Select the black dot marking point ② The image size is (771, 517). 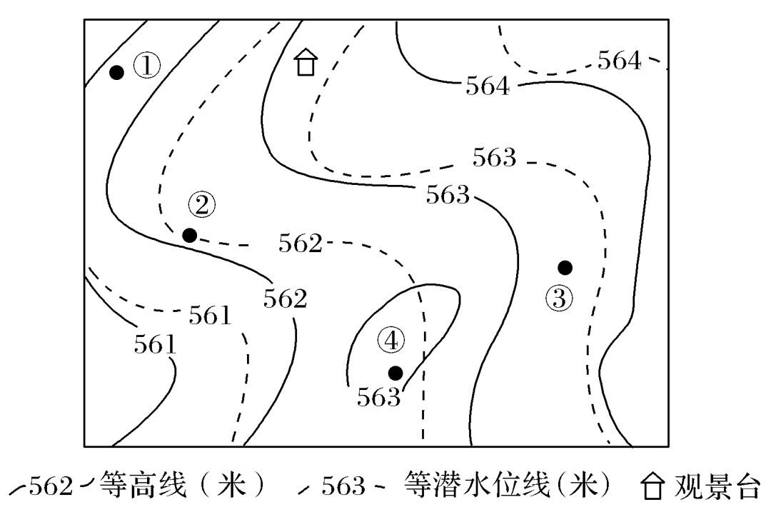click(189, 235)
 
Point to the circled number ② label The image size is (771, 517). click(201, 206)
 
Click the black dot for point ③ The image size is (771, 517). click(565, 267)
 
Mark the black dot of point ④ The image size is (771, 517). click(395, 372)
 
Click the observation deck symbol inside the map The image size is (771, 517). click(306, 63)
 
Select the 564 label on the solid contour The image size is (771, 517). click(488, 87)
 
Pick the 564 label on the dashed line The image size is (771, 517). click(620, 61)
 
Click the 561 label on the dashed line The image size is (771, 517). click(210, 315)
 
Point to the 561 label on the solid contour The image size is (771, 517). click(155, 346)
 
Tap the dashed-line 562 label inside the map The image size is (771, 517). click(301, 244)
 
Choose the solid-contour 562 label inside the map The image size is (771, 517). click(285, 298)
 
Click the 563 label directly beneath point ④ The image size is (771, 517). click(378, 398)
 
